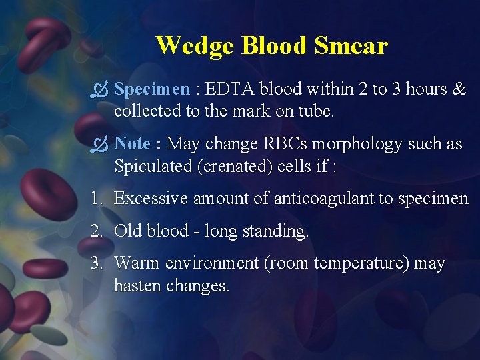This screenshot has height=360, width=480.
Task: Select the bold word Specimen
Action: pyautogui.click(x=152, y=89)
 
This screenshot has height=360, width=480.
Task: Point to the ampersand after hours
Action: pyautogui.click(x=459, y=89)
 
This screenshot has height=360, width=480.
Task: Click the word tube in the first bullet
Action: pyautogui.click(x=316, y=111)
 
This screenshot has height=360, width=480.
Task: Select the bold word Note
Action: pyautogui.click(x=132, y=144)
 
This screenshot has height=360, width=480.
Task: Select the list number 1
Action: pyautogui.click(x=96, y=199)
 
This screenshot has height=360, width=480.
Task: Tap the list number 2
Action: pyautogui.click(x=97, y=231)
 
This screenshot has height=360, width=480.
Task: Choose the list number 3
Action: pyautogui.click(x=97, y=264)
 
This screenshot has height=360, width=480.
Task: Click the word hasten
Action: pyautogui.click(x=138, y=286)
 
